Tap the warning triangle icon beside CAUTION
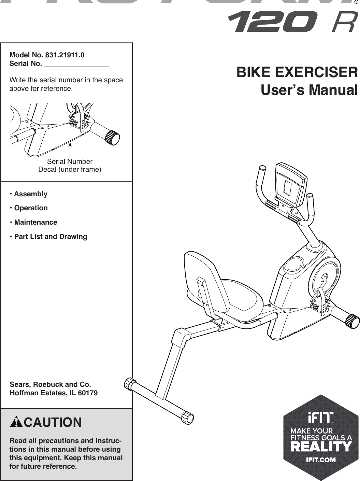16,423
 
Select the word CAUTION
53,422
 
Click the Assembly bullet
30,194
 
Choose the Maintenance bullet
35,222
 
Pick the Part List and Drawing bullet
51,237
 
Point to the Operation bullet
31,208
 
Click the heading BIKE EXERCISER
297,72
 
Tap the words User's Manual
309,90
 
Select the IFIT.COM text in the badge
320,460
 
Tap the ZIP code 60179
88,393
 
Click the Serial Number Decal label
70,165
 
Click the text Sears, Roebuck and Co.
51,385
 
